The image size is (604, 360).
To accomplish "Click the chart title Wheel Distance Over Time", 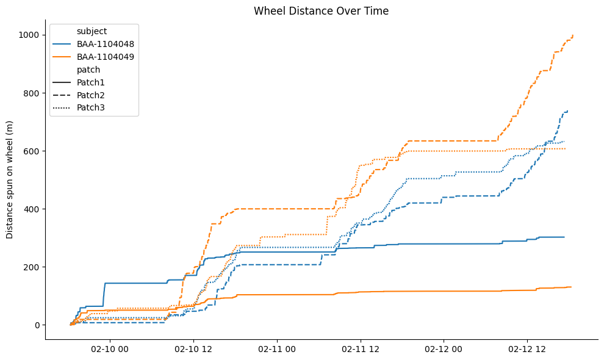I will click(321, 11).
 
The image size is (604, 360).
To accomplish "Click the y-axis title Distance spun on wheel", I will click(10, 179).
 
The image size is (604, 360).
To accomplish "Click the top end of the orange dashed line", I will click(573, 35).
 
